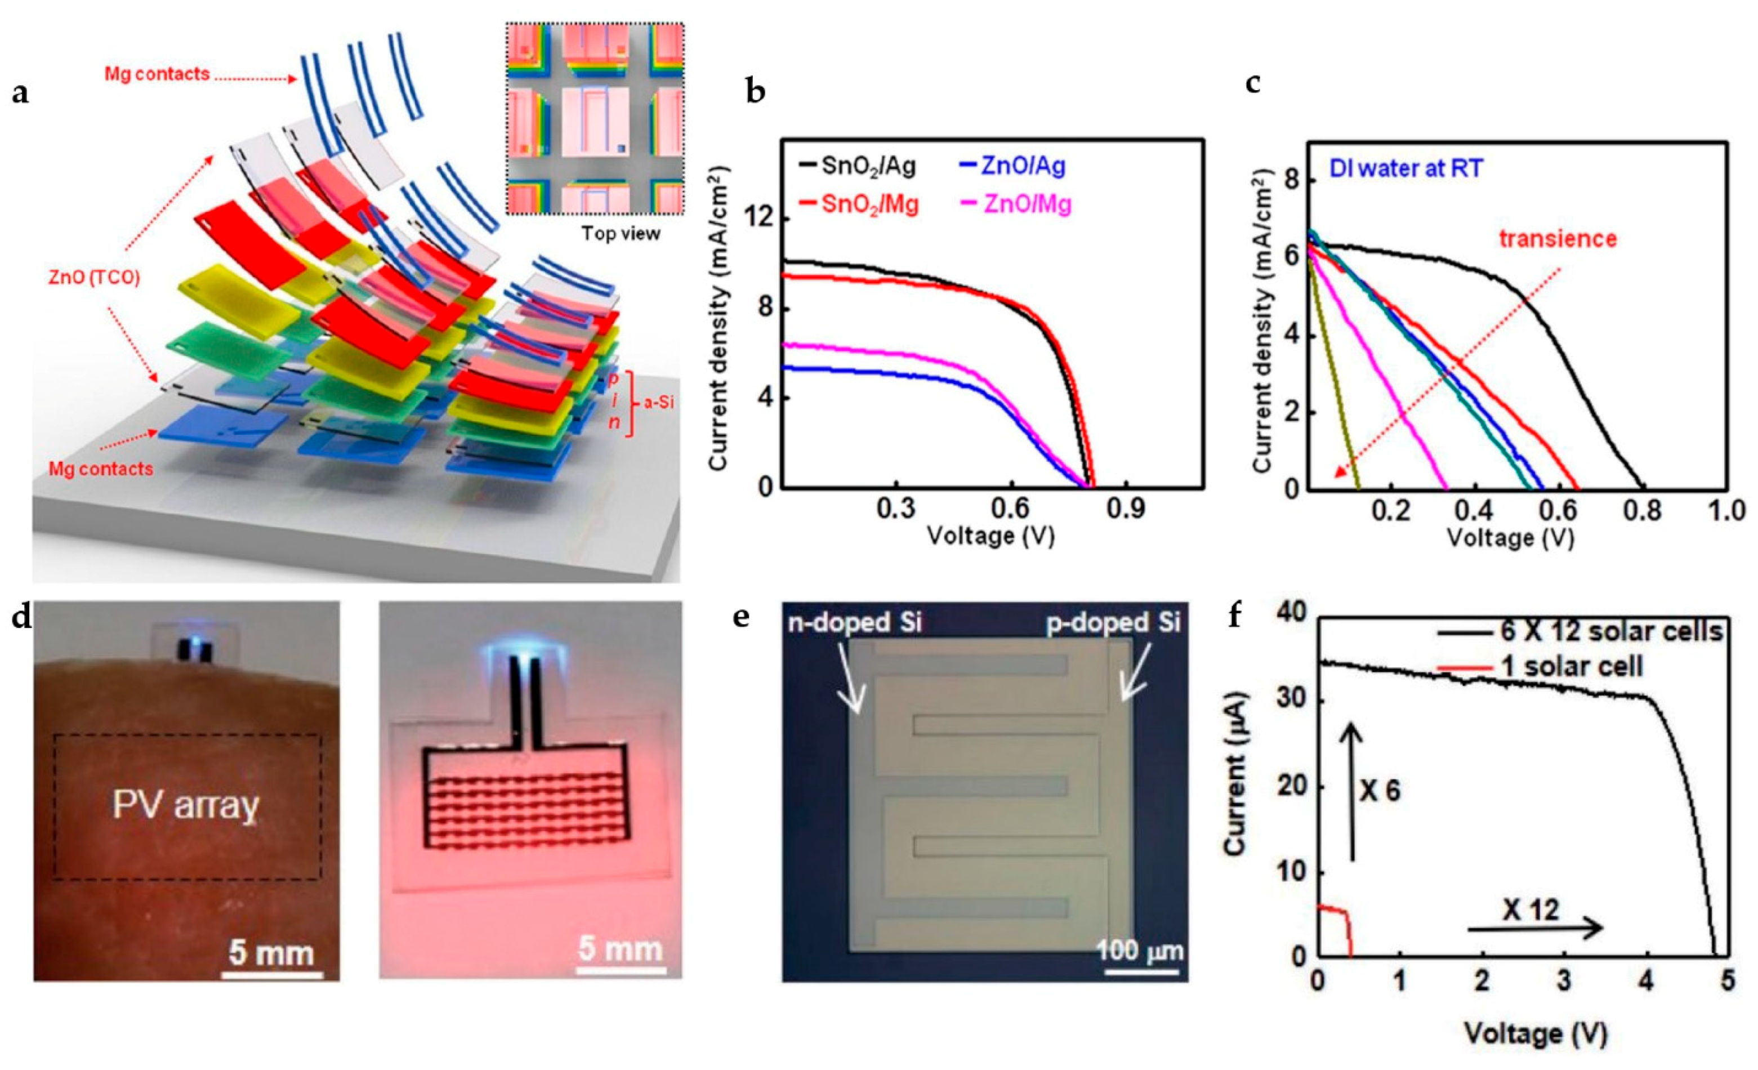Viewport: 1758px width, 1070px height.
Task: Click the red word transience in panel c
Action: click(x=1558, y=238)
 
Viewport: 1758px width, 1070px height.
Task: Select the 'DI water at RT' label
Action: click(x=1405, y=168)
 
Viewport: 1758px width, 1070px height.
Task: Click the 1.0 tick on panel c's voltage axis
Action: click(x=1726, y=511)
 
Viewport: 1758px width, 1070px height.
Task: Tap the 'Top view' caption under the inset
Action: click(x=620, y=233)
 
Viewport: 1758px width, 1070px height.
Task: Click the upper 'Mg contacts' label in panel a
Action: click(x=158, y=73)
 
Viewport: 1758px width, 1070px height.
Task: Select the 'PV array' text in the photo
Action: click(x=185, y=806)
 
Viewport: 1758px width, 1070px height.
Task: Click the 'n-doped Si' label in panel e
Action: click(x=855, y=623)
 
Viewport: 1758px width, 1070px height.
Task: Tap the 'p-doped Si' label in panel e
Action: click(x=1113, y=623)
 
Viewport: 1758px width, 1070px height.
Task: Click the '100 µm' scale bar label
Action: click(x=1139, y=951)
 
